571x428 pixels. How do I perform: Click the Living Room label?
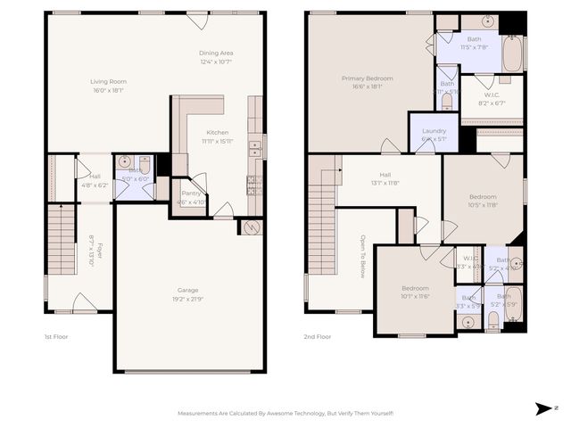109,81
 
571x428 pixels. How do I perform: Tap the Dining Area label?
215,53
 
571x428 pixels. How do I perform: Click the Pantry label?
191,193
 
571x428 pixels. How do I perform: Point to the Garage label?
188,290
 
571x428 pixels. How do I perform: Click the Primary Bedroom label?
367,78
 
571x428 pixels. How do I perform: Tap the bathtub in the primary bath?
513,53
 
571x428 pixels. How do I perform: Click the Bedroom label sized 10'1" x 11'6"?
414,288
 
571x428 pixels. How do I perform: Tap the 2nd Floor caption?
318,337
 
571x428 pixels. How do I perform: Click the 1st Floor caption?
56,337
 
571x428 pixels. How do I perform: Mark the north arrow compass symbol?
544,408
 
